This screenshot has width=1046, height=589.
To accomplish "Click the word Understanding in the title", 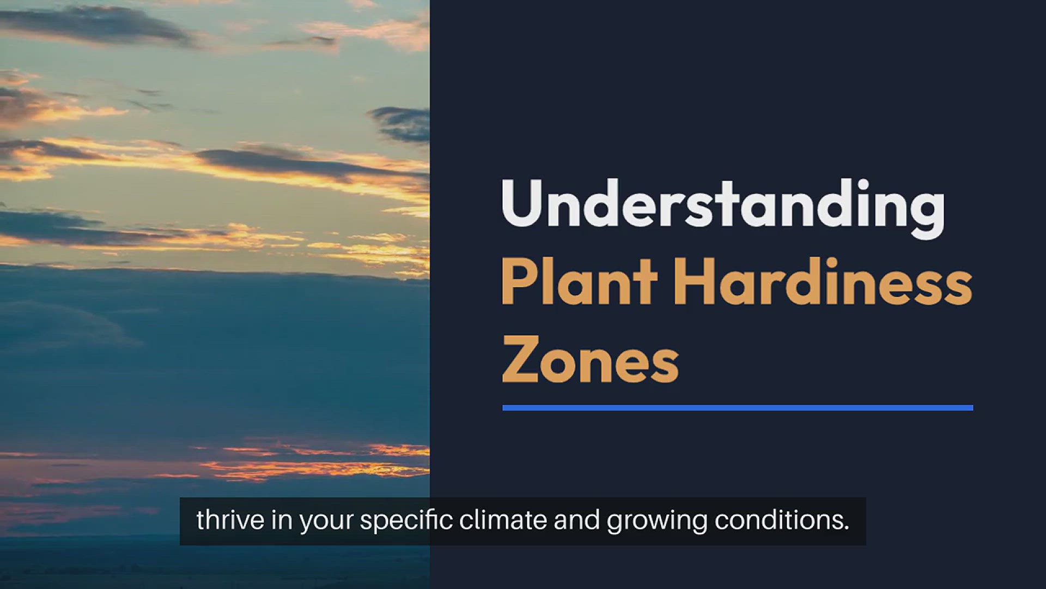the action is (722, 207).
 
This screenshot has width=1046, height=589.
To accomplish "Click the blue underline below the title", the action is (738, 407).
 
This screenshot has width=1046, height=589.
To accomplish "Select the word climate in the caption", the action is (503, 520).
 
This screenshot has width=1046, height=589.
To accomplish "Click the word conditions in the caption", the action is (779, 520).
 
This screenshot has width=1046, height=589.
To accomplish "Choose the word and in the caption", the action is (577, 520).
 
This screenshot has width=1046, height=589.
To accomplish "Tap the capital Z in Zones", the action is (520, 359).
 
